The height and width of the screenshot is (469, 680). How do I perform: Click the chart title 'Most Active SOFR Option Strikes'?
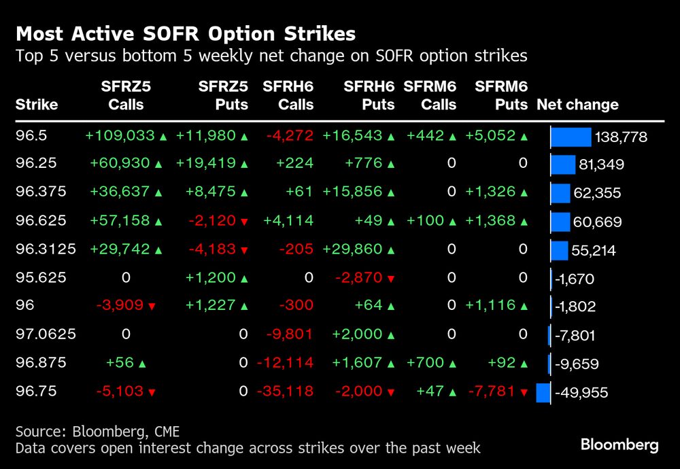pos(186,33)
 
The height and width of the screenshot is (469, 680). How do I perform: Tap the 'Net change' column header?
pos(577,105)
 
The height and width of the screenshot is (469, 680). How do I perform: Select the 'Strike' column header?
pos(37,105)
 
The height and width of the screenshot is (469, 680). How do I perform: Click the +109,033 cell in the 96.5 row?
pos(120,136)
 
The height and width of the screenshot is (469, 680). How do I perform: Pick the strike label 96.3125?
pos(46,249)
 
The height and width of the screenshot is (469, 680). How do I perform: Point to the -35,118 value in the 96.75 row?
pos(285,392)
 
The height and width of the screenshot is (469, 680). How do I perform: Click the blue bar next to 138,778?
pos(571,137)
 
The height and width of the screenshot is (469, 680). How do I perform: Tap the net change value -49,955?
pos(581,393)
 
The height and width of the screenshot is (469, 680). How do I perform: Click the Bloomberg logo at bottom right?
pos(619,445)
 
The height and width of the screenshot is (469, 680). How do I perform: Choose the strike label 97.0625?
pos(46,334)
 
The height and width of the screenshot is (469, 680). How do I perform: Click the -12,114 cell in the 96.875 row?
pos(285,364)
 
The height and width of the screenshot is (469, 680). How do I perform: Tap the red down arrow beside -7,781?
pos(524,392)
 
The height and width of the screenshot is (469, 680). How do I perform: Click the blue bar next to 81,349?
pos(563,165)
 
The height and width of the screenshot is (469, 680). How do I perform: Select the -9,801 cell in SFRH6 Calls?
pos(290,334)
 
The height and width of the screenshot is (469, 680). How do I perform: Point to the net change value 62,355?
pos(597,193)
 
